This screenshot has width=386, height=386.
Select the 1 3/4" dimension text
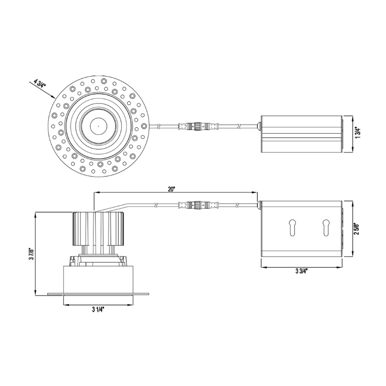358,133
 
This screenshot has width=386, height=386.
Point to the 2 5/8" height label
358,229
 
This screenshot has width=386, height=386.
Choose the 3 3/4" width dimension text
302,271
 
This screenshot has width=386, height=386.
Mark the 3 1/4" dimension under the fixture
98,310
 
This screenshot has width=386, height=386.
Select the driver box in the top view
301,134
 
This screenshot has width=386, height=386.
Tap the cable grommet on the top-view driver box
259,127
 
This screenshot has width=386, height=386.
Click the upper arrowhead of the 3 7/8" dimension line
37,214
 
